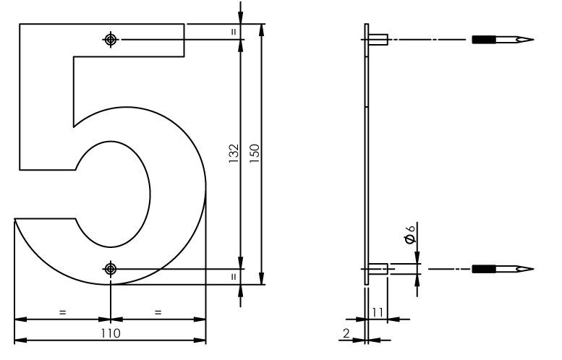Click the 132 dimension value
tap(232, 153)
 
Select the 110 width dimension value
tap(110, 333)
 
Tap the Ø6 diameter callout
tap(409, 235)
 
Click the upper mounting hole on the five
tap(110, 39)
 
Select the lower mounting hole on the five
tap(110, 269)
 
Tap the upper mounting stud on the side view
tap(379, 39)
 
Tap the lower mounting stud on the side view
tap(379, 269)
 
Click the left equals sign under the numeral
tap(62, 312)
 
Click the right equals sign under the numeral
tap(158, 312)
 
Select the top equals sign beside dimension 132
tap(233, 32)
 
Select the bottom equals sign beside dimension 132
tap(233, 276)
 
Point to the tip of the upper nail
tap(532, 39)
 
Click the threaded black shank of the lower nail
tap(484, 269)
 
